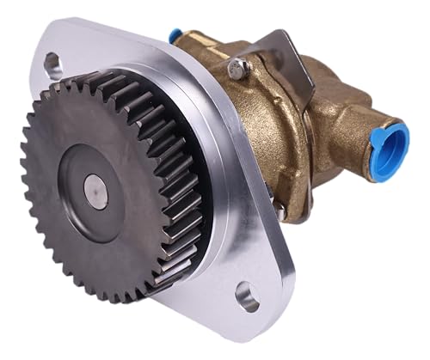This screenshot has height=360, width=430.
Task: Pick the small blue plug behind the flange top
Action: click(x=175, y=36)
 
